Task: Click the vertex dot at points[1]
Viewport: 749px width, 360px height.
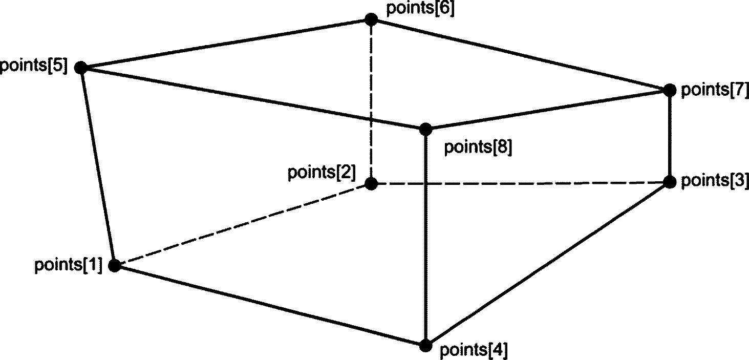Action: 115,265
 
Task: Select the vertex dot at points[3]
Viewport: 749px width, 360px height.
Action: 670,182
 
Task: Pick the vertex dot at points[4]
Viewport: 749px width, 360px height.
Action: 425,346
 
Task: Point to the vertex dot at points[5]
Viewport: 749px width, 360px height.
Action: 80,67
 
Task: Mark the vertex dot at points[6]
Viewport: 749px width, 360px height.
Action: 371,19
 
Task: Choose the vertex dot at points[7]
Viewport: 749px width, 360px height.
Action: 670,90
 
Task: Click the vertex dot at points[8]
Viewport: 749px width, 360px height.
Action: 425,129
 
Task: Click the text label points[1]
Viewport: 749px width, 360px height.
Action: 69,266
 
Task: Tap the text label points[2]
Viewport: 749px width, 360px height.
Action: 321,172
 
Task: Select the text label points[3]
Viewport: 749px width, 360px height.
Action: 715,181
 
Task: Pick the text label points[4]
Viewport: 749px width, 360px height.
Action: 474,351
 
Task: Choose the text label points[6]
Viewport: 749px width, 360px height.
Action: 420,9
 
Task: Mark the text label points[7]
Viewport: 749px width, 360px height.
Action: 715,90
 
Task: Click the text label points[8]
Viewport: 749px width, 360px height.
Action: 478,147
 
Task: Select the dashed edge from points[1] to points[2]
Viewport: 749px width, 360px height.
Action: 243,224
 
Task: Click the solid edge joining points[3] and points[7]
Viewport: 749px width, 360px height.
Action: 670,136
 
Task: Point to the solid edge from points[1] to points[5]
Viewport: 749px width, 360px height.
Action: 97,166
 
